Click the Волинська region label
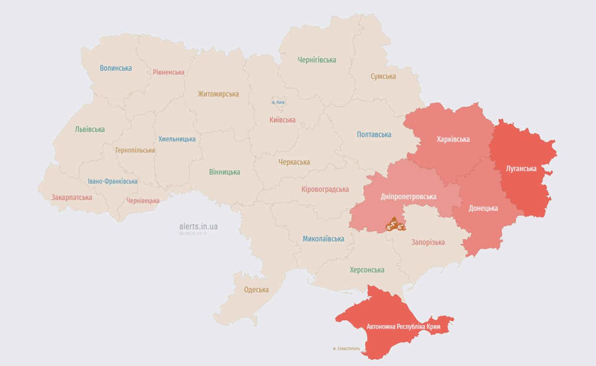click(x=116, y=68)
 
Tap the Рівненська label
click(x=169, y=72)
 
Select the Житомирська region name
click(x=218, y=94)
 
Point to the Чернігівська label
click(x=317, y=60)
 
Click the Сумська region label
click(x=383, y=76)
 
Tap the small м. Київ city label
click(x=278, y=102)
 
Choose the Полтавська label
click(x=374, y=135)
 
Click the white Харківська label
click(x=453, y=139)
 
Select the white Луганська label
click(x=521, y=169)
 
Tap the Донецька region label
click(x=483, y=208)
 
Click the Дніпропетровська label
click(x=408, y=196)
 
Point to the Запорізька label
click(x=428, y=242)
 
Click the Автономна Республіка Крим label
click(x=403, y=327)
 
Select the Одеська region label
click(x=256, y=290)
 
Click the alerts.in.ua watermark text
click(x=198, y=226)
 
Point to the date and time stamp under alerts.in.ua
click(x=192, y=234)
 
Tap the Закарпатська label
click(x=72, y=197)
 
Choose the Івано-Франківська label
click(x=112, y=182)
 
